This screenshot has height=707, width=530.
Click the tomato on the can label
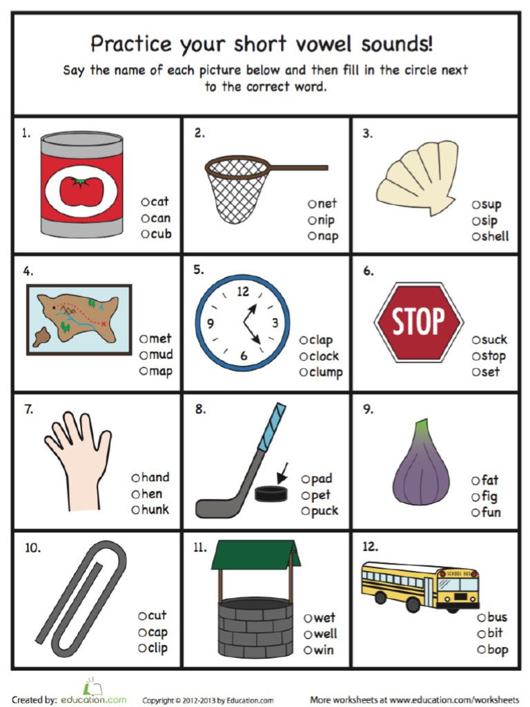pos(81,190)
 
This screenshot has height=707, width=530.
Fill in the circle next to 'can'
pos(146,218)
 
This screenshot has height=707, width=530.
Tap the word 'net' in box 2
pos(327,204)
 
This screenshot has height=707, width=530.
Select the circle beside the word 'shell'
pos(476,237)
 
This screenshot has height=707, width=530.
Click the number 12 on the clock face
pos(243,292)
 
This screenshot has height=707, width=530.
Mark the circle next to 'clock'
pos(304,357)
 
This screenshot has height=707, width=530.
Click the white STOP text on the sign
pos(419,321)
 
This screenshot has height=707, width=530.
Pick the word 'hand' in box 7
pos(155,477)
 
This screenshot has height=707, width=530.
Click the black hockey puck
pos(270,493)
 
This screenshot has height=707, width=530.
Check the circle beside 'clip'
pos(142,648)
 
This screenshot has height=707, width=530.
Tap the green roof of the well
pos(255,554)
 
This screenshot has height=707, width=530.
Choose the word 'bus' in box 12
pos(497,617)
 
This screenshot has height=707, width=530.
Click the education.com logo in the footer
pos(95,698)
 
